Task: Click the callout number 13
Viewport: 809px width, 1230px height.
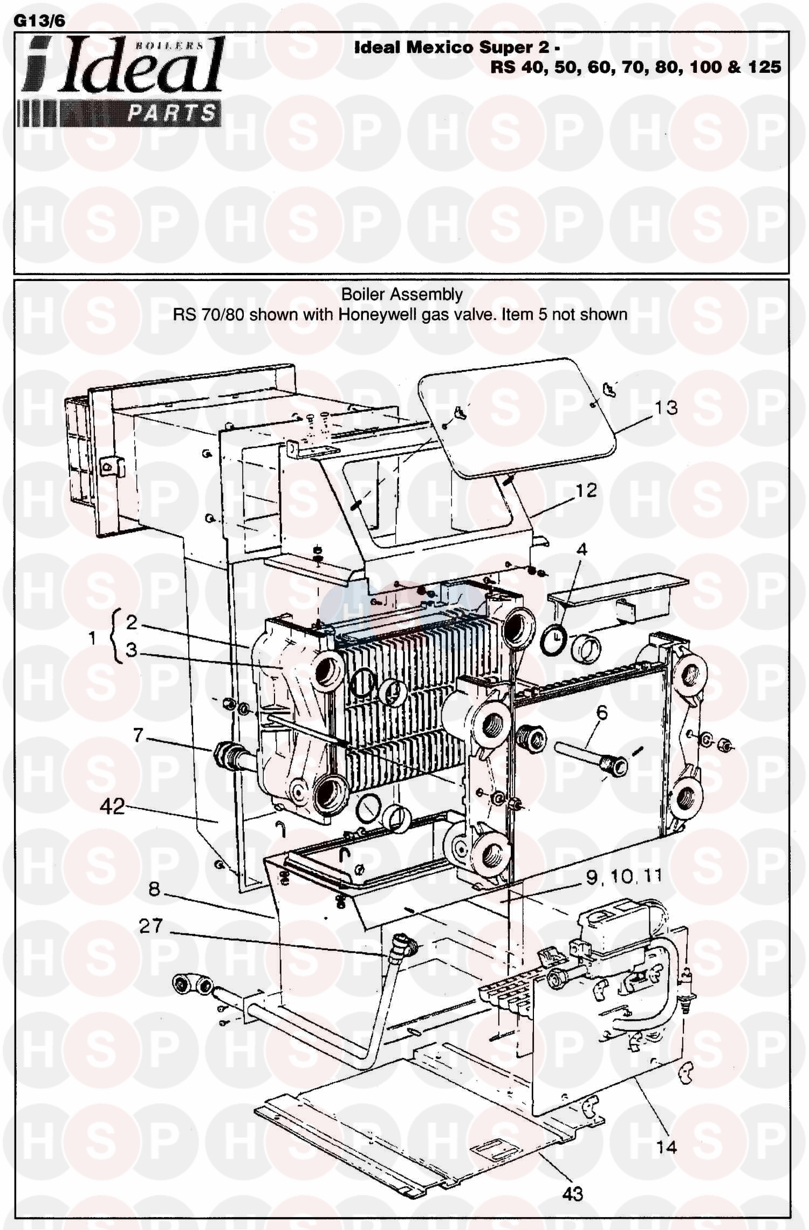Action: point(666,407)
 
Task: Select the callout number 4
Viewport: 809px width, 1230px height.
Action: point(581,550)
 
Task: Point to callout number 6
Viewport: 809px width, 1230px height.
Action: point(602,713)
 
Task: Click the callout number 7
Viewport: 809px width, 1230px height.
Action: point(138,735)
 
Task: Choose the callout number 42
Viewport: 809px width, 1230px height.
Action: point(113,807)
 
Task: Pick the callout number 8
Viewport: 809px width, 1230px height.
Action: point(155,889)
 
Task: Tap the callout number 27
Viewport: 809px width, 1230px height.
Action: point(150,926)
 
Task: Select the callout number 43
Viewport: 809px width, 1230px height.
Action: point(573,1194)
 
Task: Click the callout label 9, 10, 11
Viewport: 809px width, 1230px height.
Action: point(624,877)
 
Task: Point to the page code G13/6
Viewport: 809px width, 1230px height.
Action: point(39,21)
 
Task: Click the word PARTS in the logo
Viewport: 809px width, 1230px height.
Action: point(172,113)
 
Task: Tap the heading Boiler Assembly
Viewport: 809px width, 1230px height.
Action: point(402,295)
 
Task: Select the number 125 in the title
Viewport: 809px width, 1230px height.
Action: point(764,67)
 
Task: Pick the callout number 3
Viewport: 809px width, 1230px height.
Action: point(131,650)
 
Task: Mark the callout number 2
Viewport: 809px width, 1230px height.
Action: point(132,622)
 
